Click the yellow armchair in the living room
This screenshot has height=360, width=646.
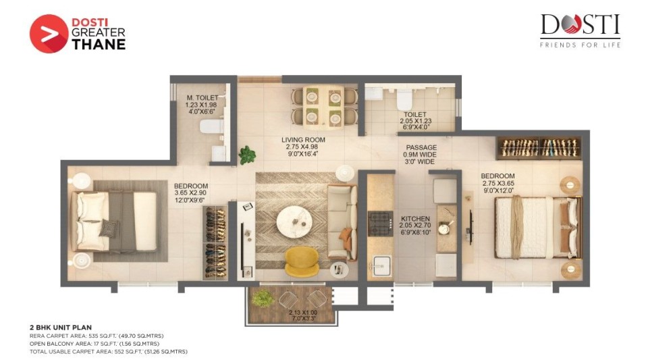(x=302, y=261)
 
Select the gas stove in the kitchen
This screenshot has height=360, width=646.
(x=379, y=223)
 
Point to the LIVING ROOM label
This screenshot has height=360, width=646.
(x=303, y=140)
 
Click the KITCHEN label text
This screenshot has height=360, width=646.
(x=415, y=219)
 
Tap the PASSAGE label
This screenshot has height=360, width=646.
(x=421, y=147)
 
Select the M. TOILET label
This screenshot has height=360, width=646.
(x=203, y=98)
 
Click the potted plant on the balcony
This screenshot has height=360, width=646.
(x=263, y=297)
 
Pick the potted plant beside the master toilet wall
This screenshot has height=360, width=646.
(x=247, y=155)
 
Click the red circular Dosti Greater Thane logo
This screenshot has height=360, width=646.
(x=49, y=34)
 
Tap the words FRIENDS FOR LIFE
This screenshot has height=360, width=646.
(x=580, y=45)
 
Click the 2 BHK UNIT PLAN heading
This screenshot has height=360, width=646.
(x=61, y=328)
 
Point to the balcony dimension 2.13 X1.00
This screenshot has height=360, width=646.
(x=303, y=312)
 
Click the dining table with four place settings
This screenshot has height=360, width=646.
(x=323, y=106)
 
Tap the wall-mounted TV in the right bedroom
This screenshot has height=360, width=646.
(x=471, y=227)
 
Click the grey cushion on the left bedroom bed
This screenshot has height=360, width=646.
(x=109, y=228)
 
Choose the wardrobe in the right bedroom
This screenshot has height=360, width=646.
(x=539, y=148)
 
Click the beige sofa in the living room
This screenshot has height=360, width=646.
(x=342, y=223)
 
